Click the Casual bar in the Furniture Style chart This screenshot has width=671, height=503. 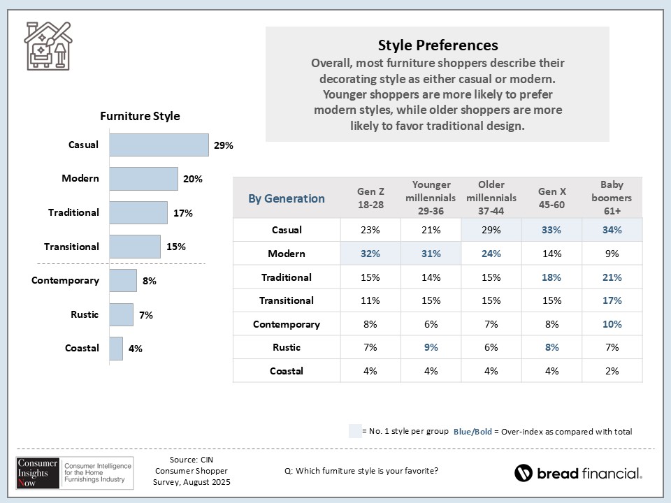(159, 145)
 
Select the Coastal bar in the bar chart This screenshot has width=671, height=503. (116, 349)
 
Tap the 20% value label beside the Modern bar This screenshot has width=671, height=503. (193, 179)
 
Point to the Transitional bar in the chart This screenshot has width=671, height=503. (135, 247)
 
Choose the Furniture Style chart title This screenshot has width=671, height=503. (140, 117)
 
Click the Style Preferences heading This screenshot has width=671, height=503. (438, 45)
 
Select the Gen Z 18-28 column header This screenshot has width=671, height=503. (370, 198)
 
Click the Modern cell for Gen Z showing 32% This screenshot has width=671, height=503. (370, 254)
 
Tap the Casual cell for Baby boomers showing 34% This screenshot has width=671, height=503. (612, 230)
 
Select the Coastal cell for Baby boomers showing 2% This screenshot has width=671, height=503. (612, 371)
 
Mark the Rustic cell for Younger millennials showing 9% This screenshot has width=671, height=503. (431, 347)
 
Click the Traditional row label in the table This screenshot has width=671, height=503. (287, 277)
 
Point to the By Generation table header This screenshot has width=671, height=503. (287, 198)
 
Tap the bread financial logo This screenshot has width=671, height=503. (578, 473)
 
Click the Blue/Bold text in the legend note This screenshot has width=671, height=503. (472, 432)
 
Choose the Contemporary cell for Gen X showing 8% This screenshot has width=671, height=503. (551, 324)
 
